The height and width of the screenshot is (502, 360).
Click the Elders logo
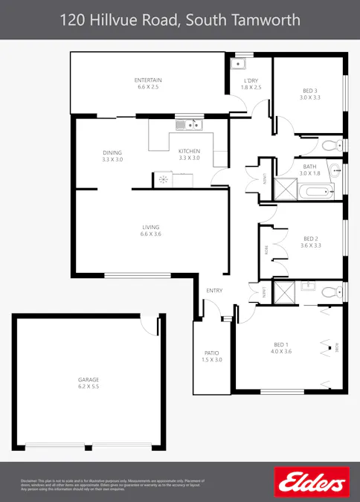pyautogui.click(x=311, y=482)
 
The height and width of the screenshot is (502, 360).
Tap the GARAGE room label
pyautogui.click(x=89, y=379)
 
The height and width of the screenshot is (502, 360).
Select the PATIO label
pyautogui.click(x=211, y=353)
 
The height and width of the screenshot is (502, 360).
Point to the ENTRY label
pyautogui.click(x=214, y=290)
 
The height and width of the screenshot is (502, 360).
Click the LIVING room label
pyautogui.click(x=151, y=227)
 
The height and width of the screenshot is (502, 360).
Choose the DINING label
pyautogui.click(x=112, y=152)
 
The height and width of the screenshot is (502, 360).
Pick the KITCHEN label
pyautogui.click(x=189, y=152)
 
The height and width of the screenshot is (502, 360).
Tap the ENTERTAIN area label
pyautogui.click(x=148, y=80)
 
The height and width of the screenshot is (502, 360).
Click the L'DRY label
pyautogui.click(x=251, y=81)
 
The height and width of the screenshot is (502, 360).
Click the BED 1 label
pyautogui.click(x=280, y=344)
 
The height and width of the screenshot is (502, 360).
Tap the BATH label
pyautogui.click(x=309, y=167)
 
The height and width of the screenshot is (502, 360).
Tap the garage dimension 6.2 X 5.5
pyautogui.click(x=89, y=387)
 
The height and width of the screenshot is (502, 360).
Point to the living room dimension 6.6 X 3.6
pyautogui.click(x=151, y=234)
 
